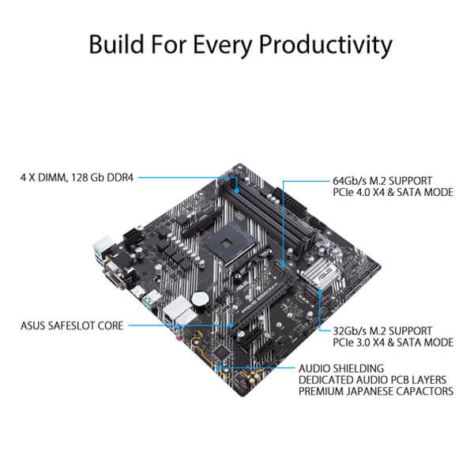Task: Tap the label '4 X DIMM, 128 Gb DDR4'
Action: tap(77, 179)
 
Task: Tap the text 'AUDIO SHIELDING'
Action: tap(341, 368)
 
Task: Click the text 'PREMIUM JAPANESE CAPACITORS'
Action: tap(376, 392)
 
